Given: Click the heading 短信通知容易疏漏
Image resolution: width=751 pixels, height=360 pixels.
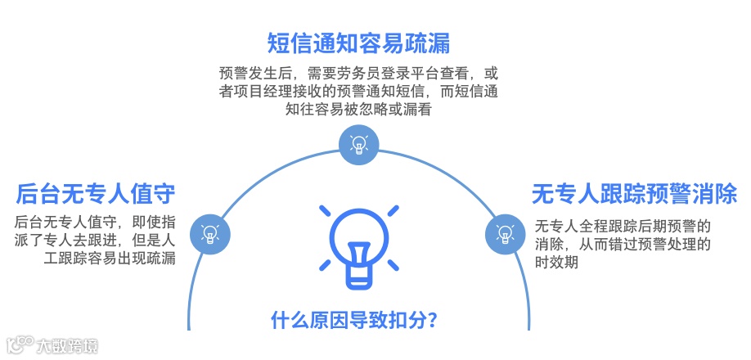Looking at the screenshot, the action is (x=358, y=42).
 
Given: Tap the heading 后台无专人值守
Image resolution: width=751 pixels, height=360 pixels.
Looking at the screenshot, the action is (x=96, y=194).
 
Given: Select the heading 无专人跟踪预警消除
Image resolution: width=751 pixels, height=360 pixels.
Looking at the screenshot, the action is (x=634, y=194).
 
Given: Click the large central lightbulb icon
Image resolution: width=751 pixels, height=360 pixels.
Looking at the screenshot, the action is (x=358, y=246).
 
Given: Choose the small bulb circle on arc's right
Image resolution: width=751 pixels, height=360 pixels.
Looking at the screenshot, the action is (x=504, y=234).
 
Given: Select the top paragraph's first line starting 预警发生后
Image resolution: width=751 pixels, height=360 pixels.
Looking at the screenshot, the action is (x=358, y=72).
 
